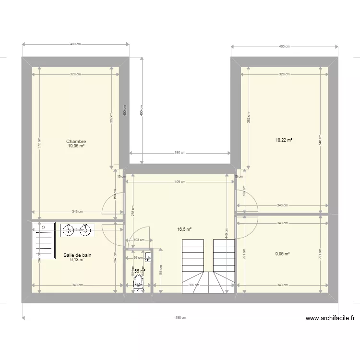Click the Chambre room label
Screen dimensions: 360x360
point(76,142)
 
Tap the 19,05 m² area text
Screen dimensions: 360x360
point(76,146)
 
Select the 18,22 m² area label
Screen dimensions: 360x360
point(284,140)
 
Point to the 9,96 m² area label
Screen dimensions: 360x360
point(282,254)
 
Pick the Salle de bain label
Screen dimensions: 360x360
point(77,255)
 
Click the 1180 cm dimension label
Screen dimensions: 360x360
point(180,317)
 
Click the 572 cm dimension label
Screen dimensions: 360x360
point(40,143)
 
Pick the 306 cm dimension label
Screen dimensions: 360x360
point(191,285)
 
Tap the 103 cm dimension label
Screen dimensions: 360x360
point(139,240)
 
